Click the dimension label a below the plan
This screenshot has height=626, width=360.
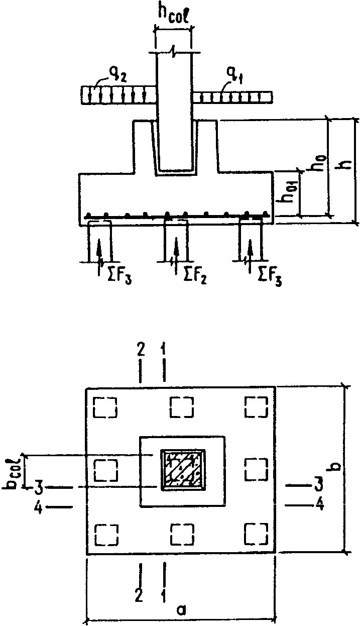coord(182,609)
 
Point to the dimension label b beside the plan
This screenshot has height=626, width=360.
coord(333,467)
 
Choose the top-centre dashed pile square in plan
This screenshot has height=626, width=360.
coord(181,407)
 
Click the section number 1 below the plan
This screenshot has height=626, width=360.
coord(164,596)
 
